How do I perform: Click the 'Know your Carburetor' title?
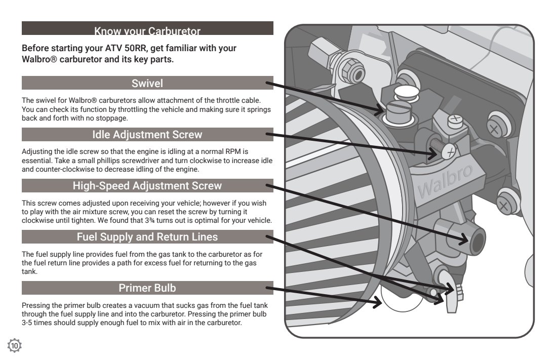(x=147, y=31)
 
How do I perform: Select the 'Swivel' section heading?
(x=147, y=83)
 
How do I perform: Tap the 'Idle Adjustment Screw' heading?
(x=147, y=135)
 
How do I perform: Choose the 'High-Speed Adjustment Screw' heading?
(x=147, y=186)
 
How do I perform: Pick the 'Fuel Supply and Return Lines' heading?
(x=147, y=236)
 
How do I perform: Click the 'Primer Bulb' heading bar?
(x=147, y=288)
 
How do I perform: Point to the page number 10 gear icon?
(x=15, y=345)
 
